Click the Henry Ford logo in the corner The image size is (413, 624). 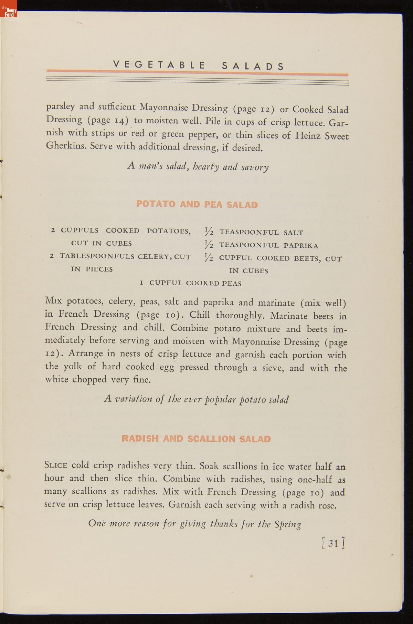coord(9,12)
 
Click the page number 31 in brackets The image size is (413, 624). coord(333,543)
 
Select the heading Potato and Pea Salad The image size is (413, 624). coord(197,204)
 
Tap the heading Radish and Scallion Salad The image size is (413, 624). coord(196,439)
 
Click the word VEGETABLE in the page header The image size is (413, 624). coord(159,65)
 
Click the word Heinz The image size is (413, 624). coord(308,135)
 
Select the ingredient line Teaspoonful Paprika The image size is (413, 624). coord(268,245)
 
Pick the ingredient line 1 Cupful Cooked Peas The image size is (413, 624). coord(191,283)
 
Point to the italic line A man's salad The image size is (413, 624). coord(198,167)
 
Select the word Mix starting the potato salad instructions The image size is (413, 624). coord(54,301)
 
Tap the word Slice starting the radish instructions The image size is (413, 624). coord(56,465)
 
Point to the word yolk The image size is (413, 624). coord(72,366)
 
